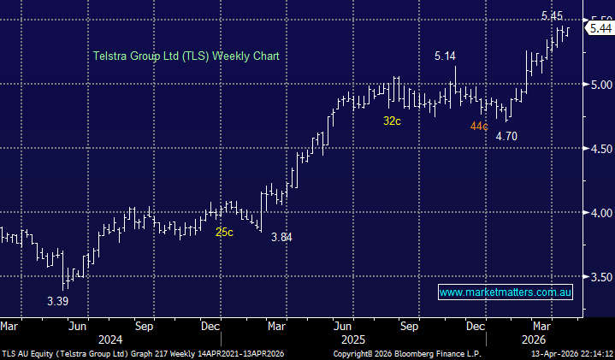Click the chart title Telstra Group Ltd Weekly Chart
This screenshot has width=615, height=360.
pos(186,56)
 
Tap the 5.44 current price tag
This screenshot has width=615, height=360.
pos(600,29)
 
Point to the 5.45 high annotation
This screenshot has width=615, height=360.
pos(553,15)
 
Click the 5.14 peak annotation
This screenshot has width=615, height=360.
pos(445,56)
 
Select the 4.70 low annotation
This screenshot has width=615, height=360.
pos(506,135)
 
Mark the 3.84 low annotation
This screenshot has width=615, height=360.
pos(281,237)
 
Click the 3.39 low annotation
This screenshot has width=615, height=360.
pos(57,301)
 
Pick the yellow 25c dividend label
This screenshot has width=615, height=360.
pos(224,232)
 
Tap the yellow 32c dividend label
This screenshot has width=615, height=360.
pos(392,121)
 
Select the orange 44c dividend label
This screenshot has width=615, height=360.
pos(478,127)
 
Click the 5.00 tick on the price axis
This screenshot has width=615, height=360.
pos(600,85)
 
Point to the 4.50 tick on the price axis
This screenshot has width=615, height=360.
pos(600,149)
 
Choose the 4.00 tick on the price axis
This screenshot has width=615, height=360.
pos(600,213)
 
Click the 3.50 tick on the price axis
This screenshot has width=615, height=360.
pos(600,277)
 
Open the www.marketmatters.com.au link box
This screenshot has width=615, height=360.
pos(505,292)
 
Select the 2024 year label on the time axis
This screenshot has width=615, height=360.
pos(110,339)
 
